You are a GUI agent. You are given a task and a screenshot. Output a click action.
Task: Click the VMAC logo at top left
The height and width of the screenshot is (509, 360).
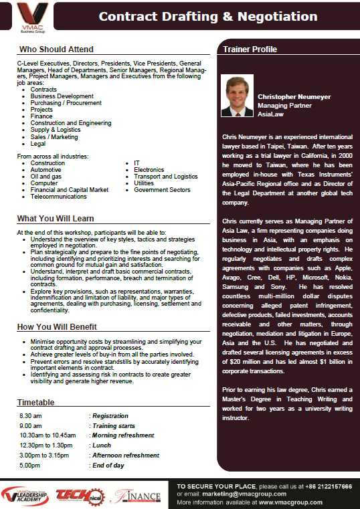click(x=29, y=17)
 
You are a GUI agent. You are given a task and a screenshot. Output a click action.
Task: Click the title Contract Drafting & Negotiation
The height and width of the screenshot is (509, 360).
click(x=199, y=16)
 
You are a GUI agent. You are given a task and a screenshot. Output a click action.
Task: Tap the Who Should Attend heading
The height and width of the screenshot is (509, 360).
click(x=56, y=49)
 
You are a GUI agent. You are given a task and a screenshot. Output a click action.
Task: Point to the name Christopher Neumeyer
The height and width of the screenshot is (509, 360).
click(x=294, y=96)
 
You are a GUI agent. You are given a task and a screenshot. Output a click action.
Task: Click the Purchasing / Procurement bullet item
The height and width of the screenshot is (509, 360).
click(x=66, y=102)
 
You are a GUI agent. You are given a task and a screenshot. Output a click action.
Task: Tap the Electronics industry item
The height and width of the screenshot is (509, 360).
click(x=149, y=169)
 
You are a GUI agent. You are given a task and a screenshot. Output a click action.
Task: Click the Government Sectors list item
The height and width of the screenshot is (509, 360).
click(x=162, y=189)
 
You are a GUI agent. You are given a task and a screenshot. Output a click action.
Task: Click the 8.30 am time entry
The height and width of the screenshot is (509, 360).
click(x=31, y=416)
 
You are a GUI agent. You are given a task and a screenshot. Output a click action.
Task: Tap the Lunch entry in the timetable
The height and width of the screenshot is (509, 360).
click(x=102, y=445)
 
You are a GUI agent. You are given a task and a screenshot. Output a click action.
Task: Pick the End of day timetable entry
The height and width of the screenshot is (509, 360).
click(x=108, y=464)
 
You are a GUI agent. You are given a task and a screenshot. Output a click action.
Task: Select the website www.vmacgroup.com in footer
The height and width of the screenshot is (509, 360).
click(x=290, y=502)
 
